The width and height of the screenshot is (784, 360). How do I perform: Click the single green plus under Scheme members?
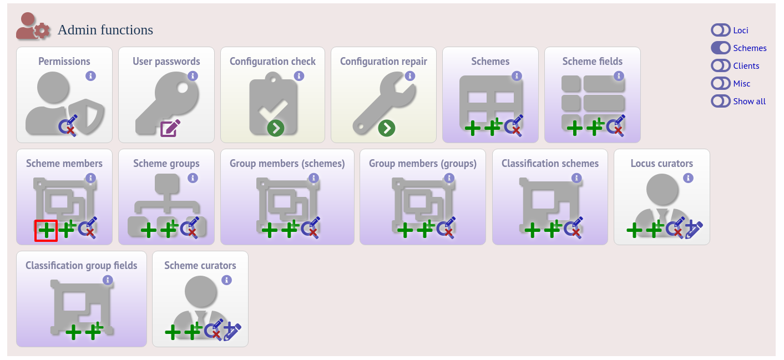click(46, 231)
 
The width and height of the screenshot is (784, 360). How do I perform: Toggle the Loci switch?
click(720, 30)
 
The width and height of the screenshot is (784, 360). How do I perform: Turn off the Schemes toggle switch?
click(720, 48)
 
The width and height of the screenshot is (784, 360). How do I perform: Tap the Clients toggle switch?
click(720, 66)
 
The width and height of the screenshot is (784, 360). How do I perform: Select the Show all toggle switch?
click(720, 102)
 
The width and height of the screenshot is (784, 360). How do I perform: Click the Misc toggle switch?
click(720, 84)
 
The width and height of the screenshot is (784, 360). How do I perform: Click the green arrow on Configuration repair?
click(386, 128)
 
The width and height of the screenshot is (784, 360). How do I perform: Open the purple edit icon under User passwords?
click(170, 128)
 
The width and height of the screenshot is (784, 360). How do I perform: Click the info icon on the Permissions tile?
click(90, 76)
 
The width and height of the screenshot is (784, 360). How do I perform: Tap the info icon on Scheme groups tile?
click(193, 178)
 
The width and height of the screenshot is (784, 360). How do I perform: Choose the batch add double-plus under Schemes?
click(493, 127)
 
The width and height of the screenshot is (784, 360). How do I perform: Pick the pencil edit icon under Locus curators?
click(694, 230)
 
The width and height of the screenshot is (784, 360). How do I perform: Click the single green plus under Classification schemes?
click(532, 231)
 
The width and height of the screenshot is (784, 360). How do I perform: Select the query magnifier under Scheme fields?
click(616, 125)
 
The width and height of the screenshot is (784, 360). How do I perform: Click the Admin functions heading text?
click(105, 30)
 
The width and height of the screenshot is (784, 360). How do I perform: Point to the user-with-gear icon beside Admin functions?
click(33, 26)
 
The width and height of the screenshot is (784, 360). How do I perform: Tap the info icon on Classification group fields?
click(108, 280)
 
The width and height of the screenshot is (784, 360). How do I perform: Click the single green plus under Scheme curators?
click(173, 332)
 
